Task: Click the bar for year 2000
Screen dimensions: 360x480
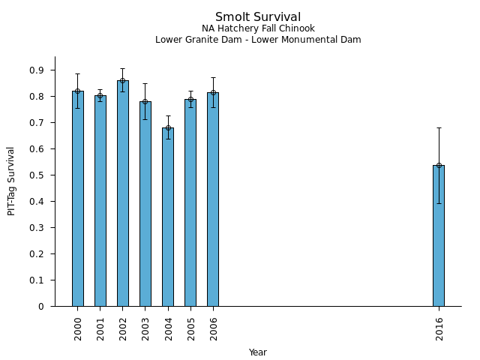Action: [78, 199]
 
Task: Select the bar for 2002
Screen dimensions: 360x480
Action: [123, 193]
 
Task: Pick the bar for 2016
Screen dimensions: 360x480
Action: [439, 235]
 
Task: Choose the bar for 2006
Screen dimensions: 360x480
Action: [213, 199]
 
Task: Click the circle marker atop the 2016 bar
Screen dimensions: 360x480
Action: [439, 165]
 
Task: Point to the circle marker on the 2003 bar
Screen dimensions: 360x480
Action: [145, 101]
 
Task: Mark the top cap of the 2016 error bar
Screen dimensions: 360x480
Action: [439, 127]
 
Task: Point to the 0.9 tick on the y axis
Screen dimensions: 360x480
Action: [55, 70]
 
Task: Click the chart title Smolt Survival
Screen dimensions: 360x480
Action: [258, 17]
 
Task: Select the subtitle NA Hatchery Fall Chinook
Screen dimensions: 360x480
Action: [258, 29]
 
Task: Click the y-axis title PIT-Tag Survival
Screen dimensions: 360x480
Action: [11, 181]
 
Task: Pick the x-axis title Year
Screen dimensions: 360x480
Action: [258, 352]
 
